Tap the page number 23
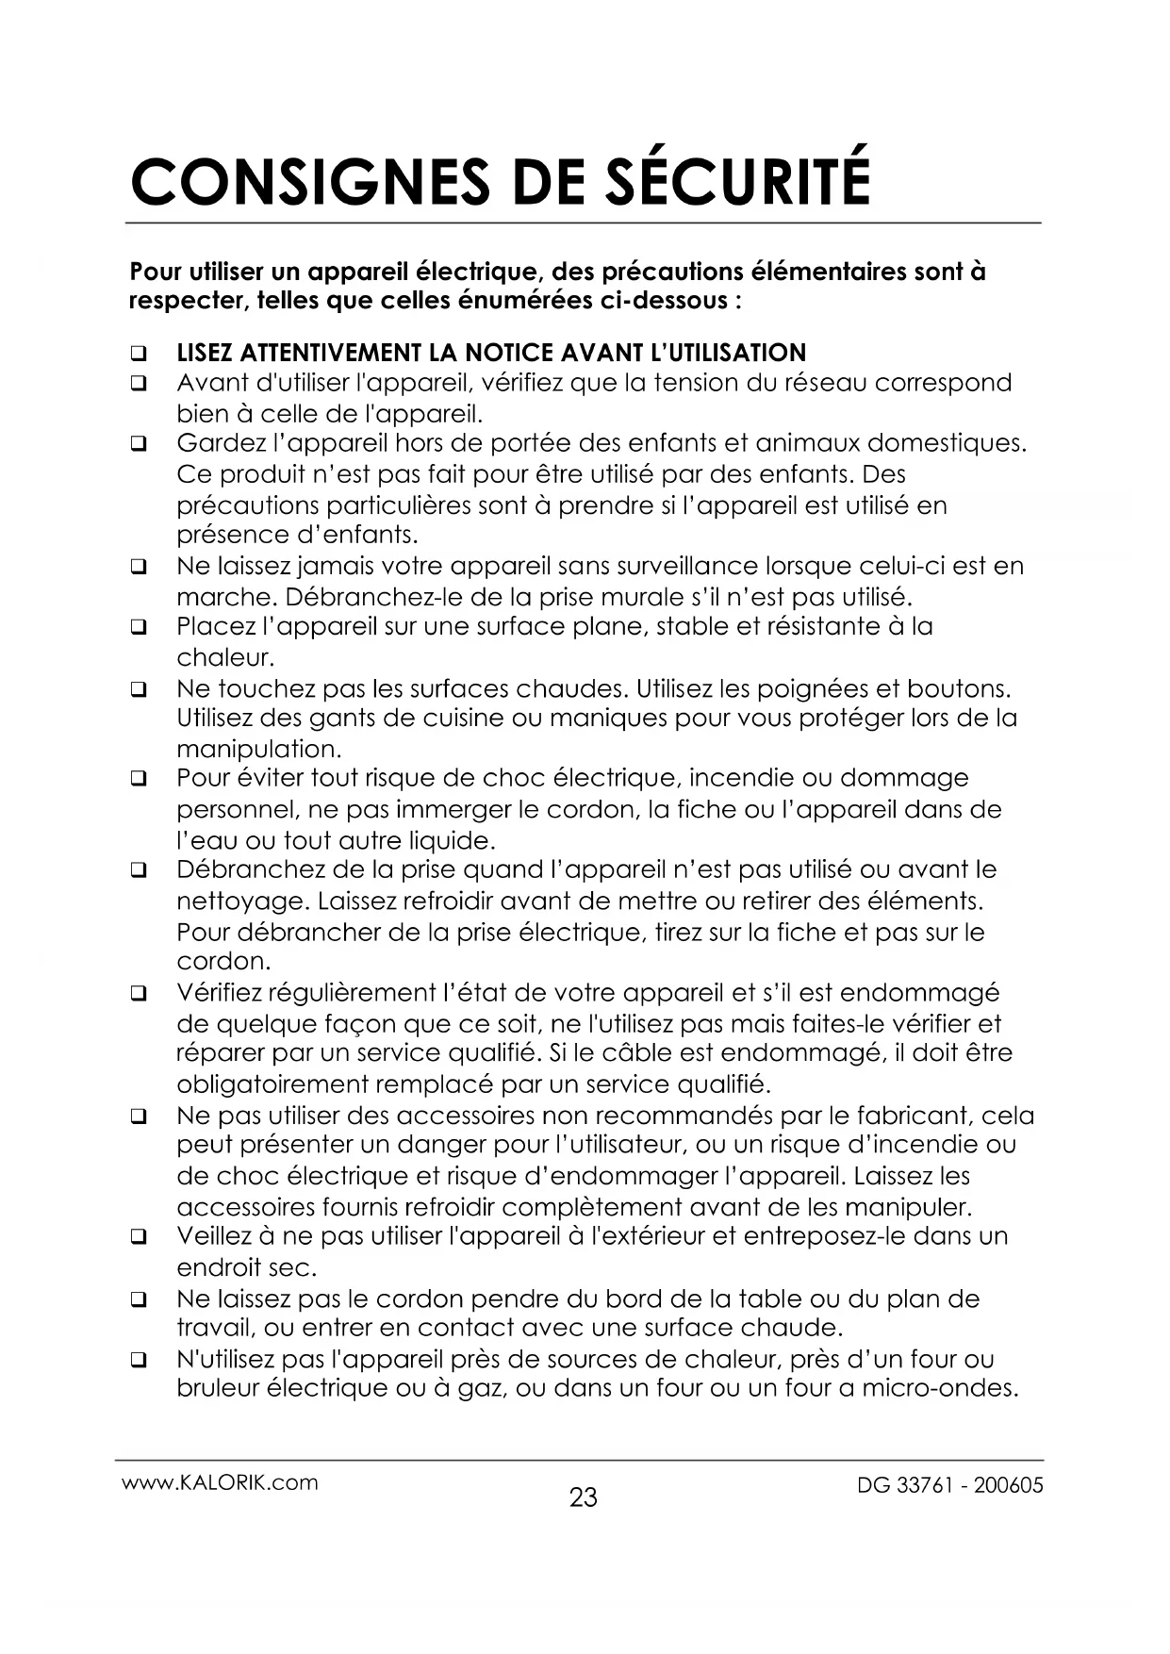(x=584, y=1497)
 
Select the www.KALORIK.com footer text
(x=220, y=1482)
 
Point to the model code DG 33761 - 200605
(x=949, y=1485)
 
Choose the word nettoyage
(x=242, y=901)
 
